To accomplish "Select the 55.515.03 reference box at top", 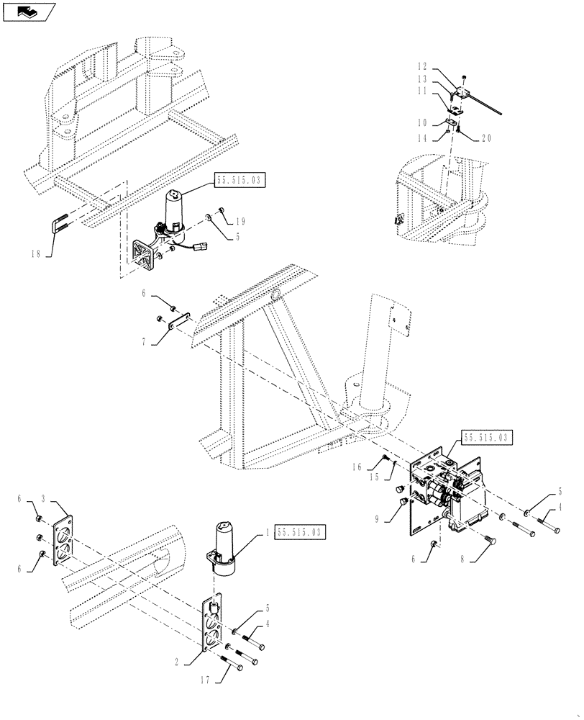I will coord(239,181).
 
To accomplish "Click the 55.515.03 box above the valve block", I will coord(486,436).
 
